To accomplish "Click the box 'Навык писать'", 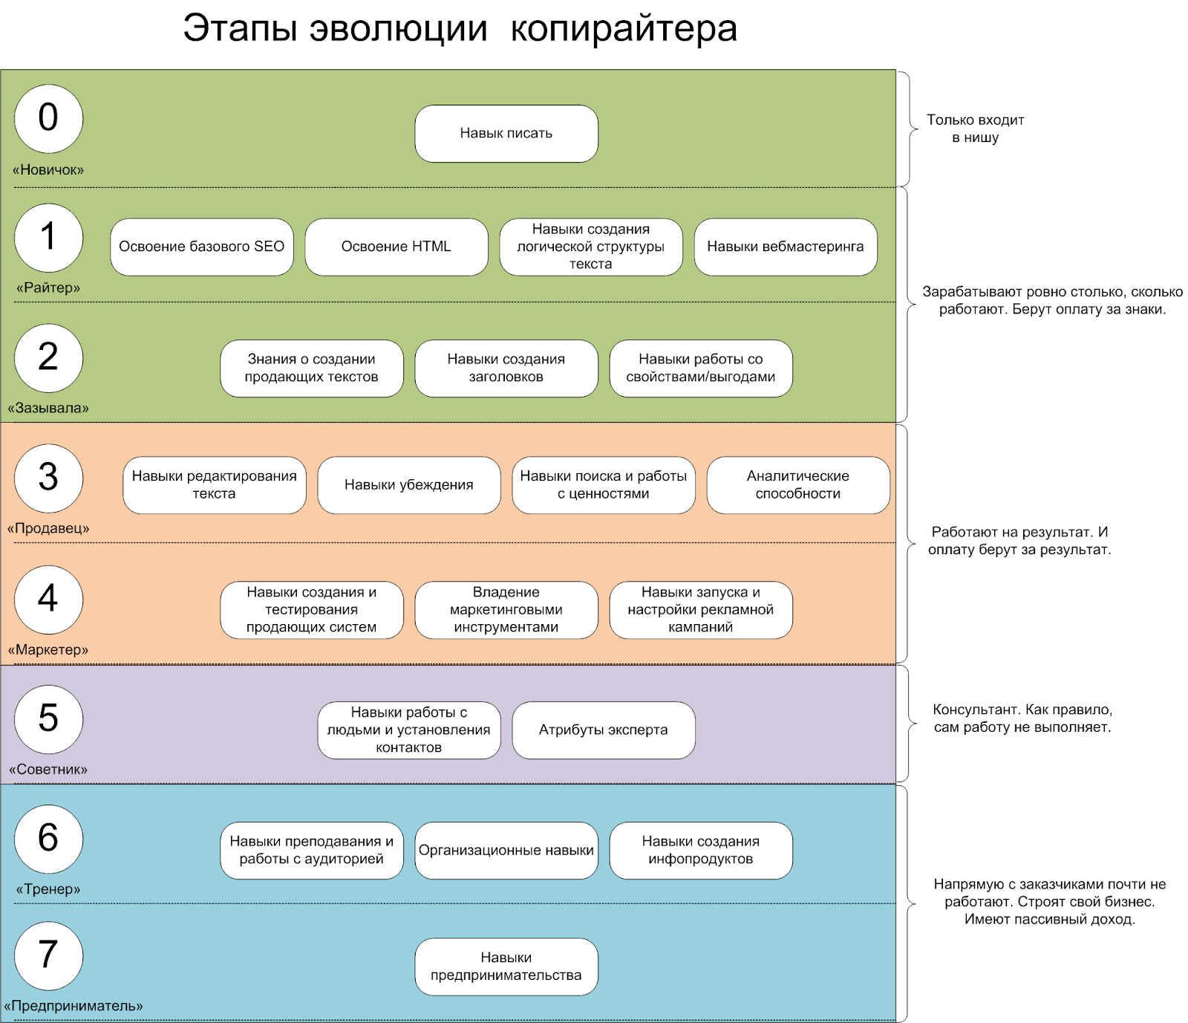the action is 506,134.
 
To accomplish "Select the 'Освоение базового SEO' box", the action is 202,247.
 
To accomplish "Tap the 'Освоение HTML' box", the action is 396,247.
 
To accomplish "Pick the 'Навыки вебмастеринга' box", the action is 786,247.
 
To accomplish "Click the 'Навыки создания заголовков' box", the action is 506,368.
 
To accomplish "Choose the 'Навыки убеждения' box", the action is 409,485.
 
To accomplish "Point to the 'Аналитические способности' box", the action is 798,485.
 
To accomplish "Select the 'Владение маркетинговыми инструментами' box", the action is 506,610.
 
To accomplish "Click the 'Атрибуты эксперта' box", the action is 604,730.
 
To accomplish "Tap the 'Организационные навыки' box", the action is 506,851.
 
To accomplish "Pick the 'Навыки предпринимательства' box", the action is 506,967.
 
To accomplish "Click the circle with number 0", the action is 48,119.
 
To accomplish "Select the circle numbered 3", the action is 48,478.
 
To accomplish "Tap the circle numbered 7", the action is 48,956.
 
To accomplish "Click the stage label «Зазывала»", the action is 48,408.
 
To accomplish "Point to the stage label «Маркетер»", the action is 48,649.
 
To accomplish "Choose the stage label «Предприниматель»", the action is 74,1006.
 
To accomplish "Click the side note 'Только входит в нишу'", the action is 976,129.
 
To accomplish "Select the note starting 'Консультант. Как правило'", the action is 1022,718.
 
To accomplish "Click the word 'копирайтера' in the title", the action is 624,29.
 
